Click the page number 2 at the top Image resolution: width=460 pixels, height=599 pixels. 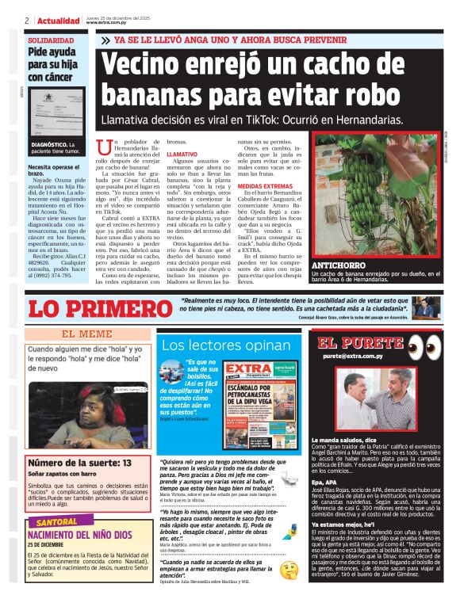coord(27,21)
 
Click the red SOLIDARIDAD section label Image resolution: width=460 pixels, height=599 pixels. coord(51,40)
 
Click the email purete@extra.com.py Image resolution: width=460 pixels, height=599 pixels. coord(361,357)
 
